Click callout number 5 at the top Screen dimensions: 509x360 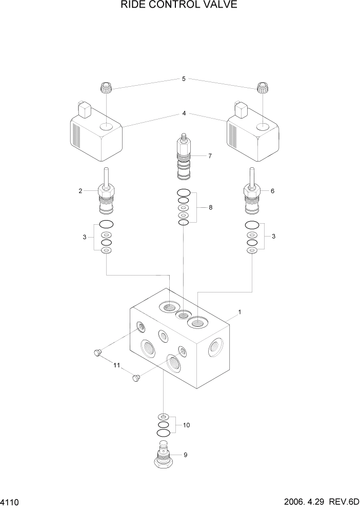point(183,79)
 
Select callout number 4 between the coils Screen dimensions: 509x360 point(184,113)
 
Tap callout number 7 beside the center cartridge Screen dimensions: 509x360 point(209,156)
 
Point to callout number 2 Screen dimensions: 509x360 point(81,191)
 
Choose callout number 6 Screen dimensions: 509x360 point(272,190)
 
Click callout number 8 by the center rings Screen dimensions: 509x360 point(210,207)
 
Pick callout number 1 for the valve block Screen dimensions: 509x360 point(239,312)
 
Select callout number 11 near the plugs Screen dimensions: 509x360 point(116,365)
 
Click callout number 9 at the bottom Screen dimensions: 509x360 point(185,454)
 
